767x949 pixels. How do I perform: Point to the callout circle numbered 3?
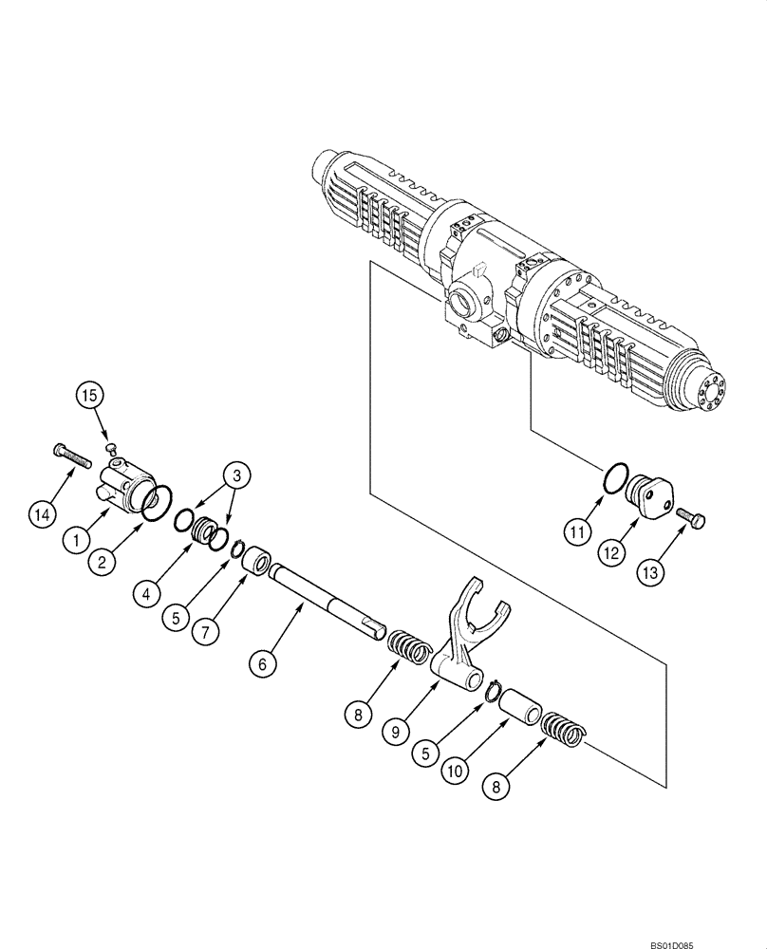click(236, 475)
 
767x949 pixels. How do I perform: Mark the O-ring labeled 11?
click(616, 478)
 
